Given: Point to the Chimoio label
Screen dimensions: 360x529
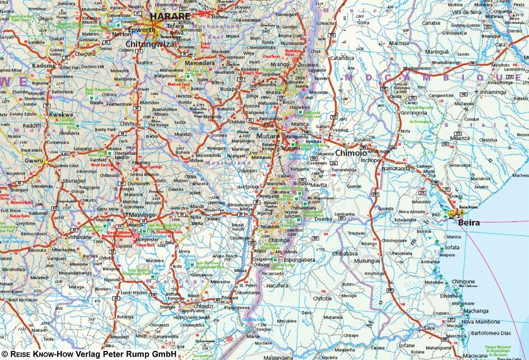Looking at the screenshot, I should point(351,153).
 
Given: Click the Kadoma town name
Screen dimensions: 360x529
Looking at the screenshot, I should point(44,66).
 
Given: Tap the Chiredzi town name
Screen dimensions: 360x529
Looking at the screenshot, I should point(204,305).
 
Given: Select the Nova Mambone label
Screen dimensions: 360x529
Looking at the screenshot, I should point(480,321).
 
